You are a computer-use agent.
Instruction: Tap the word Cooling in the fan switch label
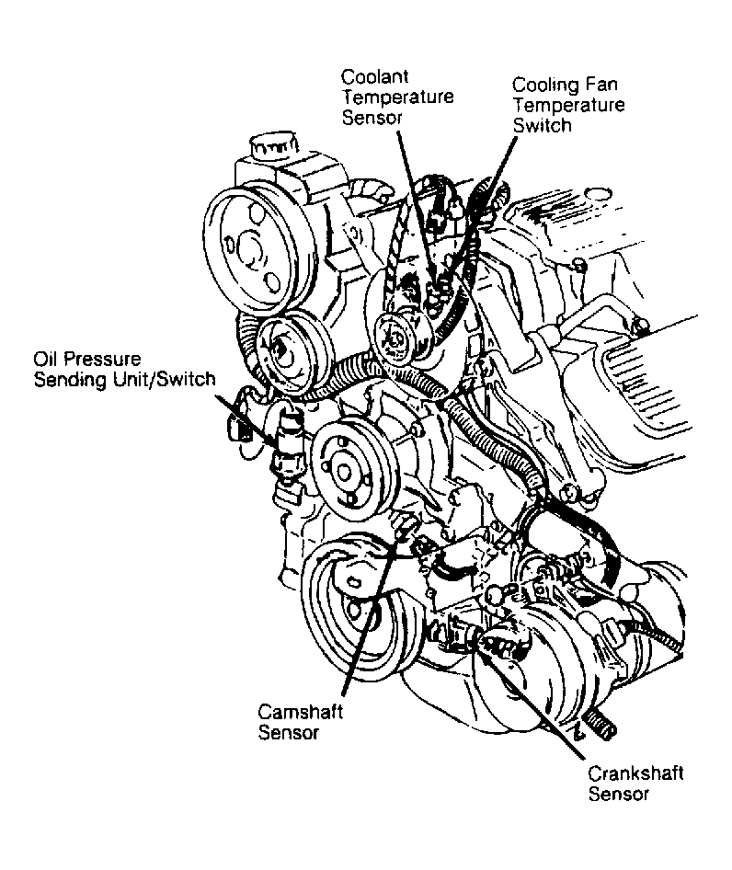click(x=543, y=86)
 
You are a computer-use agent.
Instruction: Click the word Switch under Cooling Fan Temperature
click(x=542, y=124)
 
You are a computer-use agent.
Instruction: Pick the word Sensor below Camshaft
click(x=289, y=733)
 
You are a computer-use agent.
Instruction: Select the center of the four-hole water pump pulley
click(x=346, y=472)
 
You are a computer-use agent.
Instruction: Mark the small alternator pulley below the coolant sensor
click(x=397, y=334)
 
